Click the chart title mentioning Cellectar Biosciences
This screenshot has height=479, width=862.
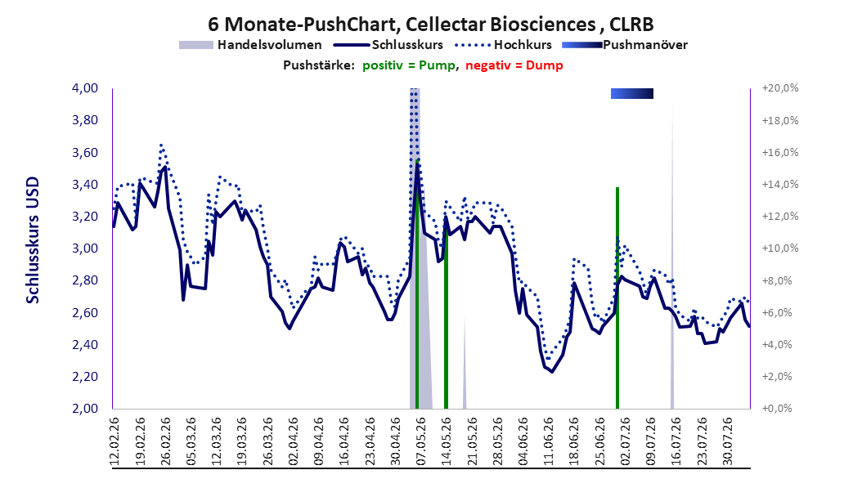430,25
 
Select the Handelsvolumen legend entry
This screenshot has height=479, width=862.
251,45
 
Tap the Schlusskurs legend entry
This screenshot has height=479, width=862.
388,45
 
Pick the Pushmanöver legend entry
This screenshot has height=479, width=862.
625,45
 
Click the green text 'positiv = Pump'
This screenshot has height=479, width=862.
408,65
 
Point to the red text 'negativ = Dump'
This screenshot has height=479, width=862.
514,65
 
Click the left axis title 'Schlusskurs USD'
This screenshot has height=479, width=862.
33,239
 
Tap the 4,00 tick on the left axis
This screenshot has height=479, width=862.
85,88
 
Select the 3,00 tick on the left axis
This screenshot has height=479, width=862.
85,248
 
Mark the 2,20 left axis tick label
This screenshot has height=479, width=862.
85,377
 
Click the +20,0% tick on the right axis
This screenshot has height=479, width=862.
780,88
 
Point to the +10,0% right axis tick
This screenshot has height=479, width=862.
780,248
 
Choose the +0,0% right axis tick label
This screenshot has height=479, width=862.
778,409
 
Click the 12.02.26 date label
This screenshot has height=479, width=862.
114,441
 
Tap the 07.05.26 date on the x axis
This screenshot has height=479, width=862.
421,441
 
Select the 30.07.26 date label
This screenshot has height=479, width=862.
728,441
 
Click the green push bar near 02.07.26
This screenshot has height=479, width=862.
617,298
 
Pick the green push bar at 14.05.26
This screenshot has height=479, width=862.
446,316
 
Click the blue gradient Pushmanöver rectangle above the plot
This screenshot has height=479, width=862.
632,93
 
